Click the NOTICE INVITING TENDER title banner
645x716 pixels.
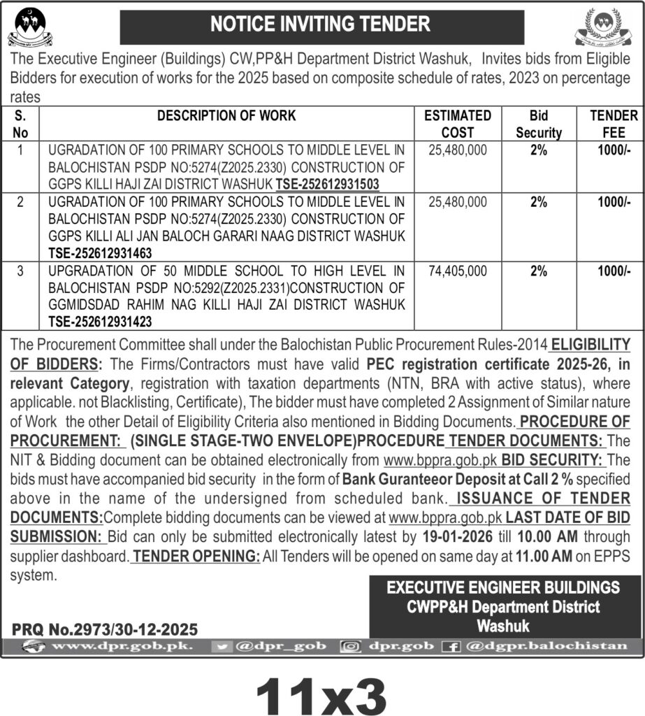321,25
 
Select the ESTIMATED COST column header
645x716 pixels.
458,124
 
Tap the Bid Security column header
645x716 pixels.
538,124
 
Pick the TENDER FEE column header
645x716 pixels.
613,124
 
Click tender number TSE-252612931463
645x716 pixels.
100,253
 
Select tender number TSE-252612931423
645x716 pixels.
100,322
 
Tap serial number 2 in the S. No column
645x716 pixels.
20,202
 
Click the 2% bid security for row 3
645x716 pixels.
538,271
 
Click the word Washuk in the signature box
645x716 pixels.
503,625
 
